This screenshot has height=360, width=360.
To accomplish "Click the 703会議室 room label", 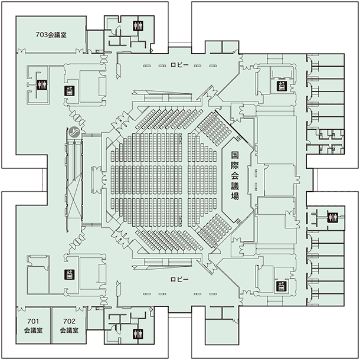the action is [x=51, y=35].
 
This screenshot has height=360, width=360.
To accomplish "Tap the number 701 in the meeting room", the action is [x=33, y=321].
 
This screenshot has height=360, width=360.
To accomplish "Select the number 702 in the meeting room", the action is [x=69, y=321].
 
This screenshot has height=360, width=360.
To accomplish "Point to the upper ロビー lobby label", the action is [x=179, y=65].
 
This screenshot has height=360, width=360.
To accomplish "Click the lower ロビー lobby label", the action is [x=179, y=279].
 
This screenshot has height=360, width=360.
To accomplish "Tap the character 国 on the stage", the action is [x=235, y=155].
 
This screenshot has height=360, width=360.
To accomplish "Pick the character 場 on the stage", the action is [x=235, y=197].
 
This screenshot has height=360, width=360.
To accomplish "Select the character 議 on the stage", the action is [x=235, y=186].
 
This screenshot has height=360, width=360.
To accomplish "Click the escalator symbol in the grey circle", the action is [x=74, y=132].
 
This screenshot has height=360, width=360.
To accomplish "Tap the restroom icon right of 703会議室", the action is [x=138, y=26].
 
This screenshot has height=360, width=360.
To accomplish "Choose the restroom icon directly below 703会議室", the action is [x=42, y=85].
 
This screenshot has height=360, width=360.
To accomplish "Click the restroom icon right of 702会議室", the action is [x=138, y=334].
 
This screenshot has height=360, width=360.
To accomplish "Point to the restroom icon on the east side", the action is [x=333, y=218].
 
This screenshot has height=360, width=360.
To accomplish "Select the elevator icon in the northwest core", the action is [x=69, y=91].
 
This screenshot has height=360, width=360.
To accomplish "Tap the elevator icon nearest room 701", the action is [x=69, y=274].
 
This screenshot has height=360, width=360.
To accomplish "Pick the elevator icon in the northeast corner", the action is [x=282, y=86].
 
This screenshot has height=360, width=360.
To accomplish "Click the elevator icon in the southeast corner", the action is [x=281, y=286].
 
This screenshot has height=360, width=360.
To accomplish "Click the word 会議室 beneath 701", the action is [x=33, y=330].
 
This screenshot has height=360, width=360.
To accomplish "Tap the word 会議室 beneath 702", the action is [x=69, y=330].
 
